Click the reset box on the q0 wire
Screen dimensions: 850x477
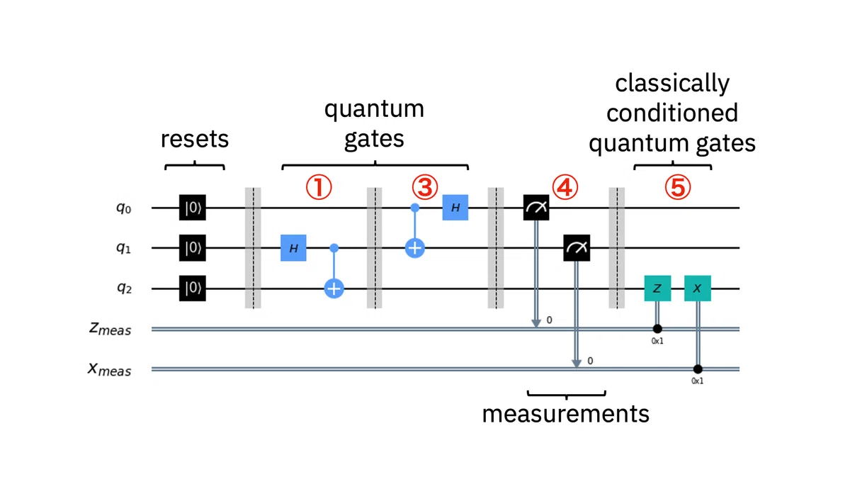coord(193,208)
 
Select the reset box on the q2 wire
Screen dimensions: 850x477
coord(193,288)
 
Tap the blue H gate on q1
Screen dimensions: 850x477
coord(293,248)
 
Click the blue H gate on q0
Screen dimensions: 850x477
coord(455,208)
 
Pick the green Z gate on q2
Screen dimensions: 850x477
coord(657,288)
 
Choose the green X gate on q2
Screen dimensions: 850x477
coord(698,288)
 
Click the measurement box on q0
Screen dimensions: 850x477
coord(536,208)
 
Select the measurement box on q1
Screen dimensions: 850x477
coord(577,248)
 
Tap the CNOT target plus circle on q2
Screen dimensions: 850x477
coord(334,288)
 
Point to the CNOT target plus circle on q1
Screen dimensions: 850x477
coord(415,248)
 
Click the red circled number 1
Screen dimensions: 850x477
coord(319,187)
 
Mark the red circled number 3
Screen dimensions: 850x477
coord(425,187)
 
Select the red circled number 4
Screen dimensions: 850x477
coord(565,187)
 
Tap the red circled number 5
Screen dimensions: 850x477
coord(678,187)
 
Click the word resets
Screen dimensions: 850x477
coord(195,140)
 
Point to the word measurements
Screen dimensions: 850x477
coord(565,414)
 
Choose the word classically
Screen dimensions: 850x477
coord(672,84)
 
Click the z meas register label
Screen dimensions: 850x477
coord(110,328)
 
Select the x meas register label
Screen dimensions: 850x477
coord(109,369)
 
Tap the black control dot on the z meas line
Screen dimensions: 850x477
coord(657,328)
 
